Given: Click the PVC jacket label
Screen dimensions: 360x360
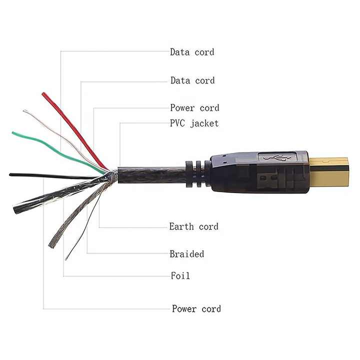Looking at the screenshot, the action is pyautogui.click(x=194, y=123).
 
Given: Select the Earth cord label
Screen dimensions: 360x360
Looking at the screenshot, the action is pyautogui.click(x=194, y=226).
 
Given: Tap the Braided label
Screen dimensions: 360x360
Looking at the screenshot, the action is pyautogui.click(x=186, y=254).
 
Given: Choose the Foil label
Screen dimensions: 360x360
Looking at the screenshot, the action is pyautogui.click(x=180, y=275).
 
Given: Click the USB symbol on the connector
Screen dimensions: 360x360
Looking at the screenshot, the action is pyautogui.click(x=277, y=158).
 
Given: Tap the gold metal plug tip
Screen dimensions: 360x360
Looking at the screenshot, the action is pyautogui.click(x=329, y=171).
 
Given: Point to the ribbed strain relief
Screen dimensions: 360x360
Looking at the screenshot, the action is pyautogui.click(x=198, y=174).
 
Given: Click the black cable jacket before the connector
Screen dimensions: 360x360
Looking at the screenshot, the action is pyautogui.click(x=151, y=175).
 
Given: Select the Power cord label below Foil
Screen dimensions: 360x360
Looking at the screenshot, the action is pyautogui.click(x=196, y=309).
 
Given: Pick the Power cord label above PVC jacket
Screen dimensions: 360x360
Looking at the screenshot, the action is pyautogui.click(x=194, y=107).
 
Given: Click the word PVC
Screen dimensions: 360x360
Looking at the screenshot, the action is pyautogui.click(x=177, y=123).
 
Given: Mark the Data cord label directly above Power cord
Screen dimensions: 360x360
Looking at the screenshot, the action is pyautogui.click(x=192, y=80).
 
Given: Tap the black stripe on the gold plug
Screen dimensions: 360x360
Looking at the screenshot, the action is pyautogui.click(x=329, y=169).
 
